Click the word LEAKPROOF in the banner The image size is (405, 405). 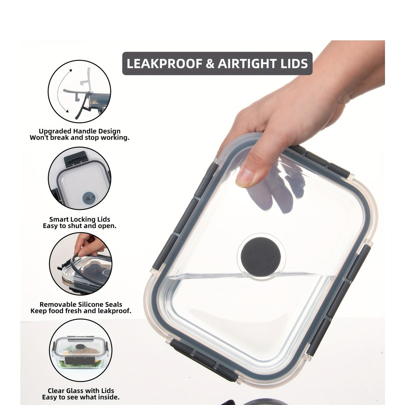tap(165, 63)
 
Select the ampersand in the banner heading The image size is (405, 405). tap(210, 63)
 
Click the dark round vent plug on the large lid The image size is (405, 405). tap(261, 256)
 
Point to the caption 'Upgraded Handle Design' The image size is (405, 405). tap(80, 131)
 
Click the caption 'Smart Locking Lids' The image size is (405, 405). tap(80, 219)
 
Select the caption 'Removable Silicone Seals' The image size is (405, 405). tap(81, 305)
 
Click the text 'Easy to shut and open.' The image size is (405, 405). tap(80, 226)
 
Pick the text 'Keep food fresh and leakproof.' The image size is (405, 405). tap(81, 311)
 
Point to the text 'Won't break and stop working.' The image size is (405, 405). tap(80, 138)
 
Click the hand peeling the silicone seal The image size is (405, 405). tap(89, 245)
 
